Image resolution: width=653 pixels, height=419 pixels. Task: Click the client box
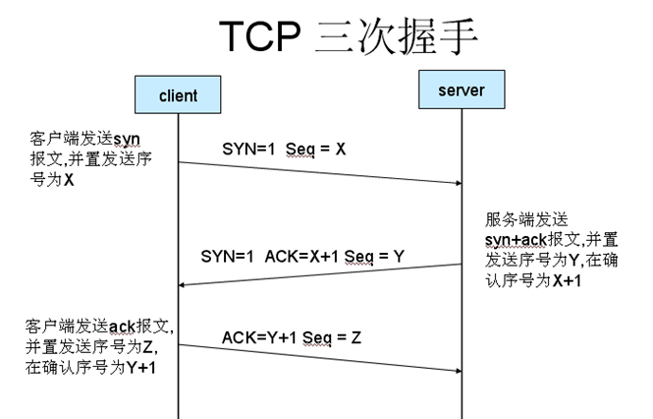coord(178,96)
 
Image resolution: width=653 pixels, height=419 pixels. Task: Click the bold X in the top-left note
coord(69,181)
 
